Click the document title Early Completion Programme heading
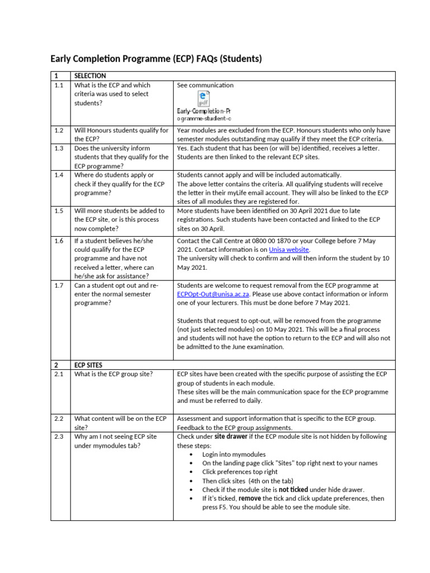pyautogui.click(x=156, y=58)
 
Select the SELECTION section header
pyautogui.click(x=90, y=76)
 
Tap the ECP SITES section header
pyautogui.click(x=88, y=365)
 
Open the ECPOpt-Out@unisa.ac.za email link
pyautogui.click(x=214, y=294)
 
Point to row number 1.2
pyautogui.click(x=59, y=130)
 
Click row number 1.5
pyautogui.click(x=59, y=211)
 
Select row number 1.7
pyautogui.click(x=59, y=285)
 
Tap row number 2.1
pyautogui.click(x=59, y=374)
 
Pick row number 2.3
pyautogui.click(x=59, y=436)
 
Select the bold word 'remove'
pyautogui.click(x=250, y=499)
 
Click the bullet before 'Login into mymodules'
pyautogui.click(x=192, y=454)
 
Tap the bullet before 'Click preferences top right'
pyautogui.click(x=192, y=472)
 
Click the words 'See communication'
pyautogui.click(x=205, y=85)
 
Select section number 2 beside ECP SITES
pyautogui.click(x=56, y=365)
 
